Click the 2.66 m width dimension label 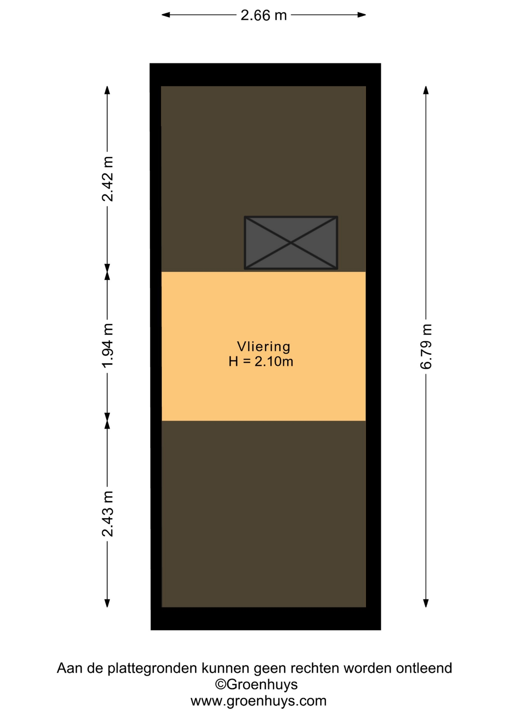[x=263, y=15]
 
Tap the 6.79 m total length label [x=426, y=347]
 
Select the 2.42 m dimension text [x=107, y=179]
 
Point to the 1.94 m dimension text [x=107, y=346]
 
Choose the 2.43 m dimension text [x=107, y=514]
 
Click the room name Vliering [x=264, y=347]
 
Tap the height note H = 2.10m [x=261, y=362]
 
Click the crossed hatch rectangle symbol [x=291, y=243]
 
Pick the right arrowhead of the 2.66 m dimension [x=361, y=15]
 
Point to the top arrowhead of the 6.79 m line [x=426, y=90]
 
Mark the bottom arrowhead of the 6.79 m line [x=426, y=603]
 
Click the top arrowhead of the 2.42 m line [x=107, y=90]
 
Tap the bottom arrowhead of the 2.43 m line [x=107, y=603]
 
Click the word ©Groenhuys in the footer [x=256, y=684]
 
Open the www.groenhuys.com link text [x=258, y=700]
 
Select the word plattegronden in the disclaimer [x=152, y=668]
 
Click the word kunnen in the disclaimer [x=226, y=668]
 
